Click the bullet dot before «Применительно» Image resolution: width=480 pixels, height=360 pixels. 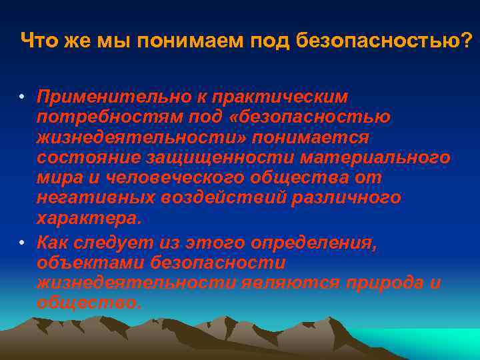22,97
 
